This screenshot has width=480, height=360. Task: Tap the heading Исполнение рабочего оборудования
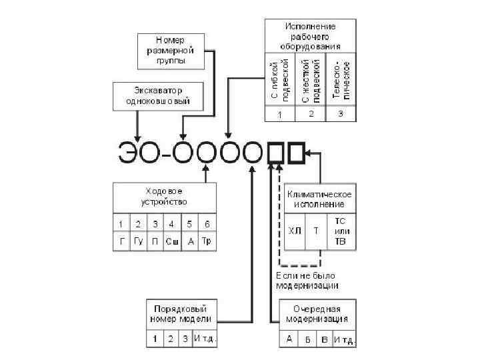point(311,34)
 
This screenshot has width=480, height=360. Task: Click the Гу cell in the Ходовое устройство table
point(138,241)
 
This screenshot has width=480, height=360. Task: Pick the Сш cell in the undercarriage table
point(171,241)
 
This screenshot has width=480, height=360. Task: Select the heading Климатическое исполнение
point(320,198)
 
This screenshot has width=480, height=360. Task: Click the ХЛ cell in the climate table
point(294,230)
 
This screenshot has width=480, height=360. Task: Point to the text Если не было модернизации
point(307,280)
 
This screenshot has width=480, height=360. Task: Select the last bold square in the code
point(297,153)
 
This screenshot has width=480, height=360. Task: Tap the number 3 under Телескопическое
point(341,115)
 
